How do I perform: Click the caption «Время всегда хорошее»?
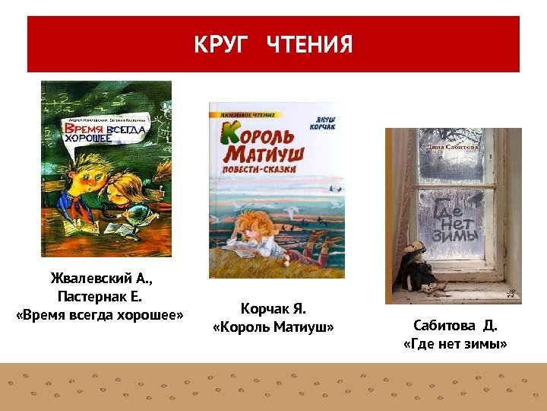[100, 315]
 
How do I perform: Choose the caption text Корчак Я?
[273, 309]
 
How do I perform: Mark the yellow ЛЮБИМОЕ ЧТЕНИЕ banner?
[241, 113]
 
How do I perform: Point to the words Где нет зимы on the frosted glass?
[454, 221]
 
